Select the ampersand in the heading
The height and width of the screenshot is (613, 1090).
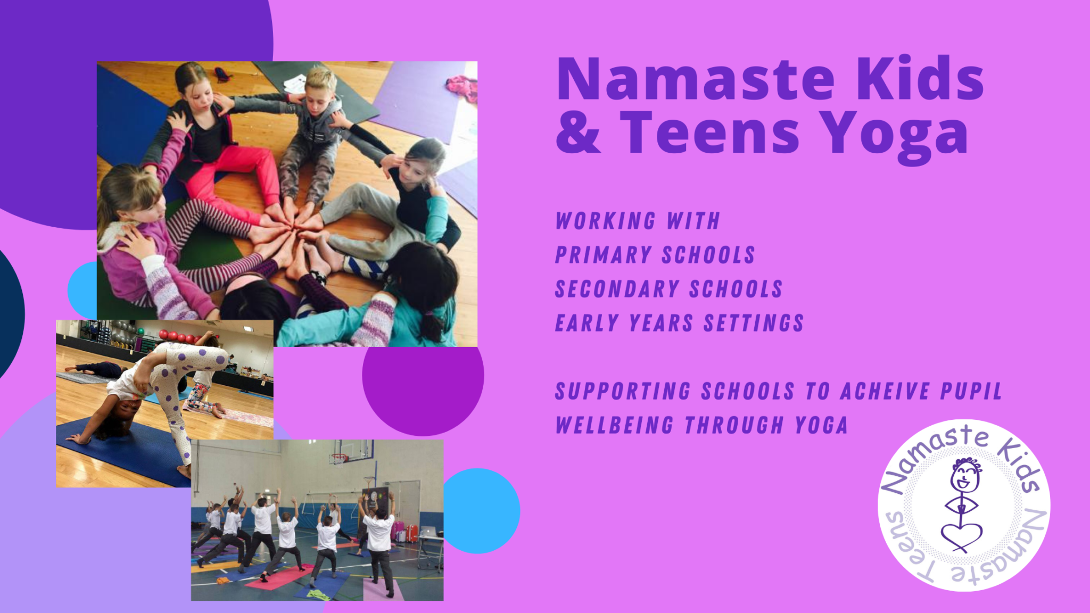578,133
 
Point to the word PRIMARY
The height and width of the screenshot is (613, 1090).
604,255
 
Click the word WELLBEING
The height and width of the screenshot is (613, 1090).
615,425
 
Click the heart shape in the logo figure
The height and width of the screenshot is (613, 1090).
961,535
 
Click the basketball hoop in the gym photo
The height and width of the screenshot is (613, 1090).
338,458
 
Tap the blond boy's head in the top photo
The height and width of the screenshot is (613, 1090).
321,83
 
